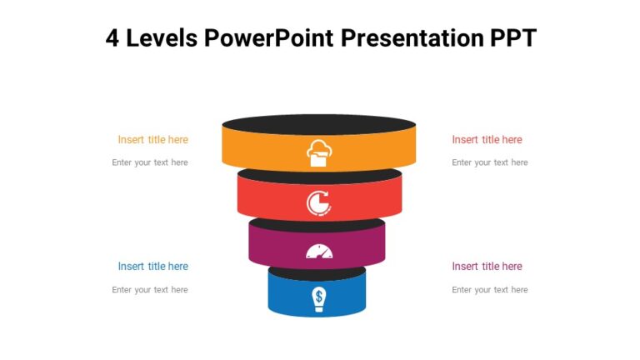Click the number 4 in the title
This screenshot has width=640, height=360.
(113, 38)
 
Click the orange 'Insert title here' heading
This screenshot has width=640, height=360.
(152, 140)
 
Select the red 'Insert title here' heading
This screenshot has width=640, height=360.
(487, 140)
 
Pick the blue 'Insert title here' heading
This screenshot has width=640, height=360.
(152, 267)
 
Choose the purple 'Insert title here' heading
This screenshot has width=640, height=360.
(487, 267)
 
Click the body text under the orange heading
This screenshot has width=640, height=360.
(150, 162)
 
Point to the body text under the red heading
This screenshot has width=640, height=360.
(489, 162)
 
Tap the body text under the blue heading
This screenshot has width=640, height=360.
(150, 290)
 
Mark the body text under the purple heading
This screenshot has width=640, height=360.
(489, 290)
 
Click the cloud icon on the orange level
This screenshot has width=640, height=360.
(318, 153)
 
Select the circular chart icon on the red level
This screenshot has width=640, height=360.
(318, 202)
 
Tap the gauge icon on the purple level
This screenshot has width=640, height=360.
(318, 251)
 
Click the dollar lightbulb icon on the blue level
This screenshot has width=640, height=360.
(318, 298)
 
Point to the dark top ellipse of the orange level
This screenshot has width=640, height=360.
(318, 124)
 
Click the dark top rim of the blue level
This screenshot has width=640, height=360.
(317, 273)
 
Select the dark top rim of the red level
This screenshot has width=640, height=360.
(319, 177)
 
